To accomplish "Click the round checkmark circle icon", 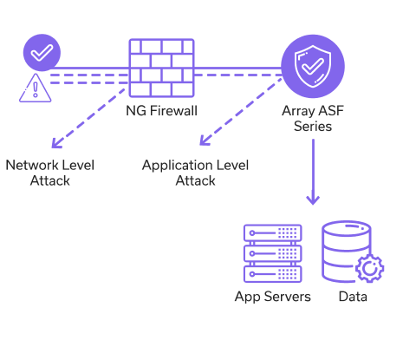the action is (x=42, y=53).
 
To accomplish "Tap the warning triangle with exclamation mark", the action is (x=36, y=88).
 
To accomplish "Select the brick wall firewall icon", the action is (x=161, y=68).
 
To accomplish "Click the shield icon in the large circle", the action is (x=313, y=67).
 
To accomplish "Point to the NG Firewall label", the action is (x=162, y=111).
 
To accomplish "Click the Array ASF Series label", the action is (x=313, y=119).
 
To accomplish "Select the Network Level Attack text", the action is (x=50, y=173).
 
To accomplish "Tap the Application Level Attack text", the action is (x=195, y=173).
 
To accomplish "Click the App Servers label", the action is (x=273, y=297).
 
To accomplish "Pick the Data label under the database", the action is (x=353, y=297).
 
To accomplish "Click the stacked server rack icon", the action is (x=273, y=253).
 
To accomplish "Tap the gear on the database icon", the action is (x=370, y=269).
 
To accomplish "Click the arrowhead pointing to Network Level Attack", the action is (x=55, y=144).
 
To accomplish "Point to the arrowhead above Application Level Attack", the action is (x=204, y=141).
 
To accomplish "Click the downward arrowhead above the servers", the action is (x=313, y=200).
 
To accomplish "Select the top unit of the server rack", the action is (x=273, y=232).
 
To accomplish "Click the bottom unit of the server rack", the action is (x=273, y=274).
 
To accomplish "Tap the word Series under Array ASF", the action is (x=313, y=127).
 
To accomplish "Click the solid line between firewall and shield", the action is (x=237, y=69).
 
